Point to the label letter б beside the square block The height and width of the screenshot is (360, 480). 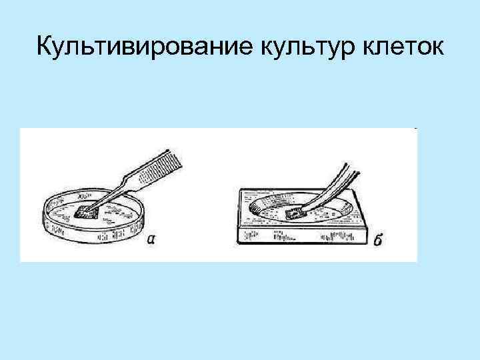tap(377, 240)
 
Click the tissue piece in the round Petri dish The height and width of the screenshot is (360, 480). tap(85, 211)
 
